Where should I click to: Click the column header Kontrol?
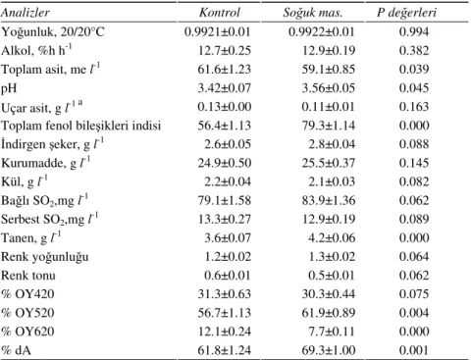(220, 13)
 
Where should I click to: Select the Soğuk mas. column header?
(312, 13)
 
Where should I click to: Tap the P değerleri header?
(406, 13)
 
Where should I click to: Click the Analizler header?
(26, 13)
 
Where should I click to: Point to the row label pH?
(9, 89)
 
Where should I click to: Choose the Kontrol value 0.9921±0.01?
(218, 31)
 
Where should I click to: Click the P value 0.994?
(414, 31)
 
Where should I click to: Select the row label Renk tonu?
(28, 276)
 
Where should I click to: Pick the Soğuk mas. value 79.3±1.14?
(329, 126)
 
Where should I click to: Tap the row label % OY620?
(27, 332)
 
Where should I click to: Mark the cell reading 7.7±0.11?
(332, 332)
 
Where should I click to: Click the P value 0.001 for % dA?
(414, 350)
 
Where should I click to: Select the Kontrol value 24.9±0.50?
(225, 163)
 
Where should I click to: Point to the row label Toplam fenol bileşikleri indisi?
(81, 126)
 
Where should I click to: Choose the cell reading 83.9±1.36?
(329, 200)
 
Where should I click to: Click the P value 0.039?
(414, 70)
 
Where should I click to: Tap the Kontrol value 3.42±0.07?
(225, 88)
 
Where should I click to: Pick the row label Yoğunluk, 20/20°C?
(53, 32)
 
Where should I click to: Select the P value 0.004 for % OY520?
(414, 313)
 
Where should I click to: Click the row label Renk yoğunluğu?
(45, 257)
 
